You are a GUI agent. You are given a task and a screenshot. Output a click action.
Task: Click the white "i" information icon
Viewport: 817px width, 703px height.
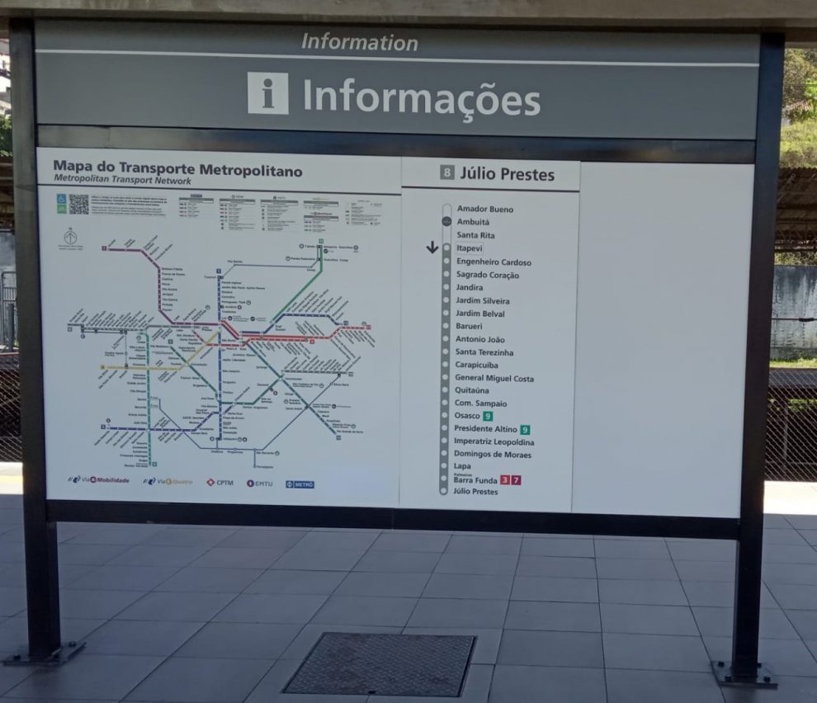coord(267,93)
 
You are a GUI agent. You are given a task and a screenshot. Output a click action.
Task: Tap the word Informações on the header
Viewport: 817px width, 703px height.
coord(421,98)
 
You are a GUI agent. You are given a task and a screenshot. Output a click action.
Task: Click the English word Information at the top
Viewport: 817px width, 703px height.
coord(359,41)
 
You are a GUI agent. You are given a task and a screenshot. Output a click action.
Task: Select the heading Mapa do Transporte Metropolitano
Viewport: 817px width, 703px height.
coord(177,171)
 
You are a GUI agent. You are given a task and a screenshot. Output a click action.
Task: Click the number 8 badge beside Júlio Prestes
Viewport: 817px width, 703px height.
coord(446,173)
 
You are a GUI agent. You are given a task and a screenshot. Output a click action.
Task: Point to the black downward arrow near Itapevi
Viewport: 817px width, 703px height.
coord(432,247)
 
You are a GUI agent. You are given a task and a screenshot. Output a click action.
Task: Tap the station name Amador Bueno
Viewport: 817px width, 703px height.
coord(484,210)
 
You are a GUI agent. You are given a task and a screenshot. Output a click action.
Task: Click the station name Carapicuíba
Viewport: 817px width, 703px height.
coord(476,365)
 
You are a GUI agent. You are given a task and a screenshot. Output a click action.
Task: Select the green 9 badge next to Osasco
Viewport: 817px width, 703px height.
coord(488,416)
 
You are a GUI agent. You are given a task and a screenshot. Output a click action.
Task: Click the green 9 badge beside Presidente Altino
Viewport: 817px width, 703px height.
coord(525,429)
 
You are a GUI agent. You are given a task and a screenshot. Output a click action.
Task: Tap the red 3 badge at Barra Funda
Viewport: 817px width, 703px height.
coord(504,480)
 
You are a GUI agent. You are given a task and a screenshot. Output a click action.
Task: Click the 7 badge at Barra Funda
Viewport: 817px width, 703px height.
coord(516,480)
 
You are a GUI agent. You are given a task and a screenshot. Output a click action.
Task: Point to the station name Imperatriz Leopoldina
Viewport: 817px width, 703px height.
coord(494,441)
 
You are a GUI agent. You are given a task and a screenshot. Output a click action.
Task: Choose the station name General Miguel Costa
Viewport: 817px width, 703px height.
coord(494,378)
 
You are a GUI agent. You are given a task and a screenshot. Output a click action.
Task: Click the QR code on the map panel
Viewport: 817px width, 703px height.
coord(78,204)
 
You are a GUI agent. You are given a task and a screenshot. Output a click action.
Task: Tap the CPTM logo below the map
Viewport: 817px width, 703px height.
coord(220,482)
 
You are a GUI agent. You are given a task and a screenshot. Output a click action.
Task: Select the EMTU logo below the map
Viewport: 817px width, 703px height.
coord(261,483)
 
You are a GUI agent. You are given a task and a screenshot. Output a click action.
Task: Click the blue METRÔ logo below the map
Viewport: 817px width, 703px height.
coord(300,484)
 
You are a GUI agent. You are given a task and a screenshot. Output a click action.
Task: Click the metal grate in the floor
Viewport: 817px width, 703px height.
coord(380,663)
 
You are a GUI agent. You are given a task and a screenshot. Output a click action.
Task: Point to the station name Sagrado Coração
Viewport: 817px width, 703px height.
coord(487,275)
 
